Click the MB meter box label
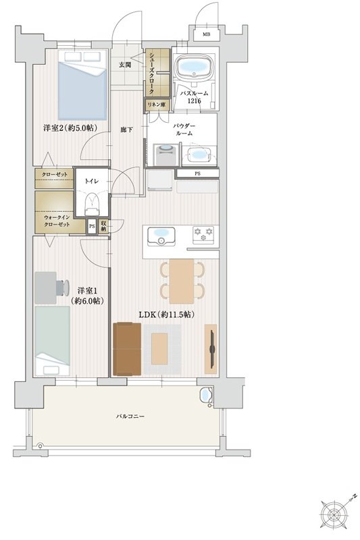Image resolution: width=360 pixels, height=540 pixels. click(x=206, y=34)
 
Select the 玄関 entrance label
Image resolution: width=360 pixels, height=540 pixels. click(x=125, y=65)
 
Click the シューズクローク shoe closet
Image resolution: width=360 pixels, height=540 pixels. click(x=157, y=72)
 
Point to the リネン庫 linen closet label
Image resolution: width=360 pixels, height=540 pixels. click(x=157, y=105)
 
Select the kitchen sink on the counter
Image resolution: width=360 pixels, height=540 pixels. click(x=161, y=236)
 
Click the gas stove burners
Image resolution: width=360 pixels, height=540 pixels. click(x=203, y=234)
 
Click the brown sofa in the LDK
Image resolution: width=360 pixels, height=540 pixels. click(x=127, y=348)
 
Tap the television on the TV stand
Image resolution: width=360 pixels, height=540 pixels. click(x=212, y=348)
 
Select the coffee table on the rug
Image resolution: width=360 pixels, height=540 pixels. click(x=159, y=348)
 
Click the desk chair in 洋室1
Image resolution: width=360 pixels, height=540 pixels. click(x=63, y=288)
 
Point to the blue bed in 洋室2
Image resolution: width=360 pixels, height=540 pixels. click(x=82, y=86)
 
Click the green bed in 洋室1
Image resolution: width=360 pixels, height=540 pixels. click(x=53, y=341)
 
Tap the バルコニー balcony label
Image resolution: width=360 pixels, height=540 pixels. click(x=130, y=416)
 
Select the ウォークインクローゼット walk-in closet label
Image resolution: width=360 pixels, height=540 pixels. click(x=57, y=221)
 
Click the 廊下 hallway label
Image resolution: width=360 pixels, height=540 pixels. click(x=126, y=130)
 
